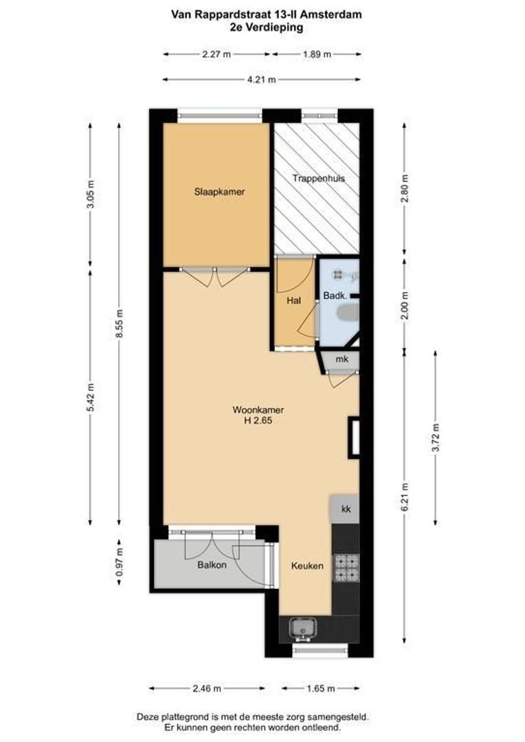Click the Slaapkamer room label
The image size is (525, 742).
click(x=219, y=192)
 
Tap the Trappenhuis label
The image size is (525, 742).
click(x=319, y=179)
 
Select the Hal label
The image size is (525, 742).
click(x=293, y=300)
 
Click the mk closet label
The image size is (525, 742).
click(x=342, y=359)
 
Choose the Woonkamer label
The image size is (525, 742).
click(x=258, y=409)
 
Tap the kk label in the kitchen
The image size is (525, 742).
click(x=346, y=509)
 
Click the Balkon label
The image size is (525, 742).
click(x=212, y=565)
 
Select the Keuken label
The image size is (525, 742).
click(x=307, y=565)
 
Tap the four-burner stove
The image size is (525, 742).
click(x=346, y=568)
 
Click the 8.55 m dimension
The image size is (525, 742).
click(x=119, y=324)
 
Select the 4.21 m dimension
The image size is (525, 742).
click(x=261, y=80)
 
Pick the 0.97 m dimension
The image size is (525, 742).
click(x=119, y=562)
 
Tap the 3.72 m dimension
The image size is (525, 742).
click(x=436, y=438)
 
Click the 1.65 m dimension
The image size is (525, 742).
click(x=321, y=688)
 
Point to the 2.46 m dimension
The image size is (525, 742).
click(x=206, y=688)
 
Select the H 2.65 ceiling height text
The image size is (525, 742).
click(x=258, y=420)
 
